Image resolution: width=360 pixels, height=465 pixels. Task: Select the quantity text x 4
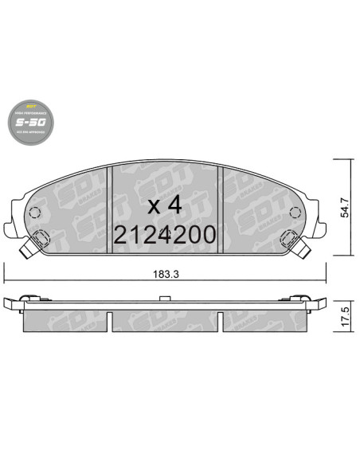166,204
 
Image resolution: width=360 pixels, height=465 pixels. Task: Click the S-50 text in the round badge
31,123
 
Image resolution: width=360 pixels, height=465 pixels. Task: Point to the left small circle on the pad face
34,213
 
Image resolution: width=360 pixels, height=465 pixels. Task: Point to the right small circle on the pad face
294,213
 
